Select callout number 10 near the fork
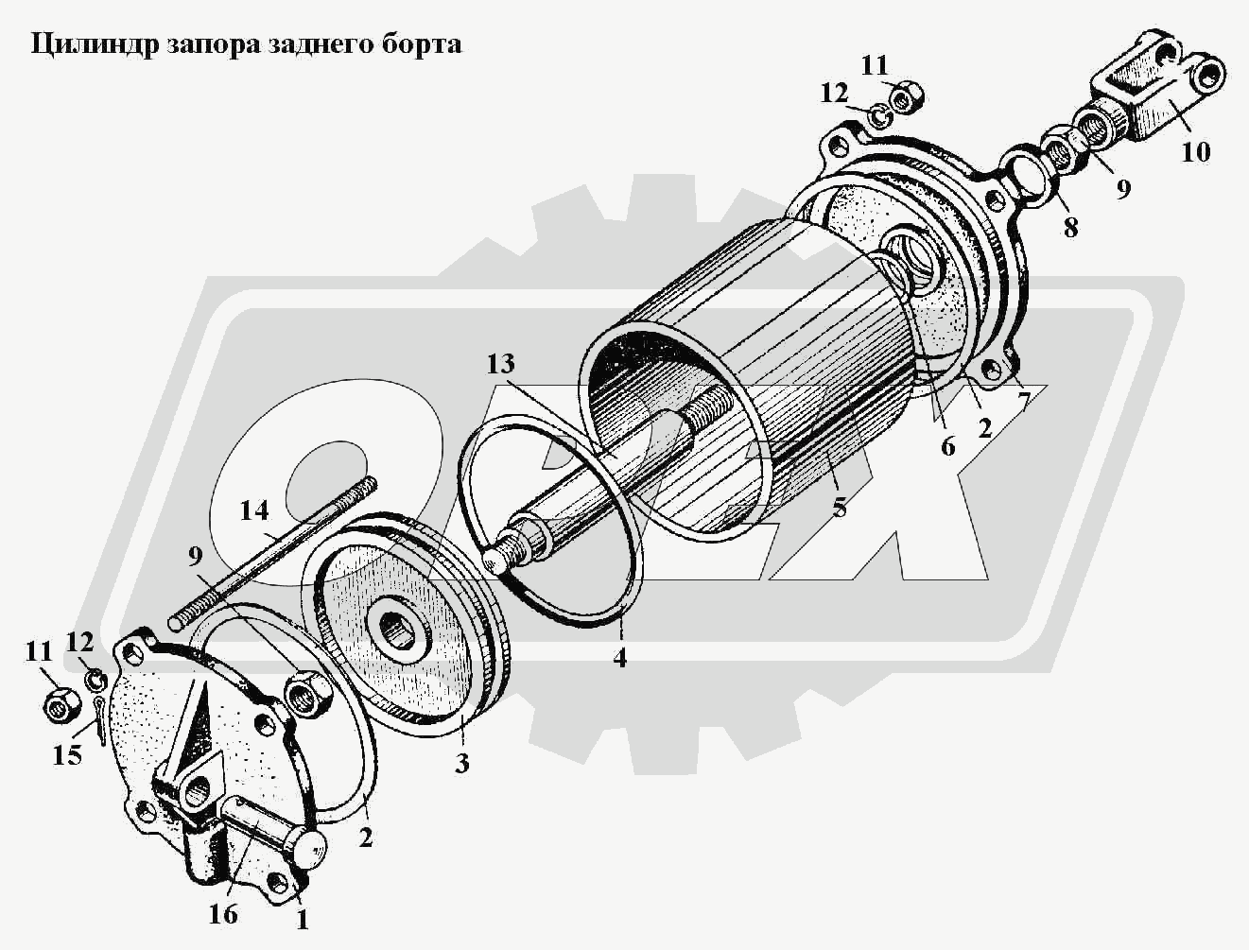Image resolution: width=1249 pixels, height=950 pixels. click(x=1195, y=152)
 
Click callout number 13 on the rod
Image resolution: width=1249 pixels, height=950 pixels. click(x=501, y=364)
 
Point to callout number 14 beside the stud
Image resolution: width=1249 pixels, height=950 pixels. click(x=254, y=511)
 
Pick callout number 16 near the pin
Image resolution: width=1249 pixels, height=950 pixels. click(x=223, y=914)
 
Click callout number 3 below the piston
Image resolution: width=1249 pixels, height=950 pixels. click(x=461, y=763)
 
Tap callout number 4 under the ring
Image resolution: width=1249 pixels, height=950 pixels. click(x=619, y=658)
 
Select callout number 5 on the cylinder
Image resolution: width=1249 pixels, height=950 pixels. click(x=839, y=507)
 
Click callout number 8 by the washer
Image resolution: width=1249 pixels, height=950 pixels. click(x=1069, y=227)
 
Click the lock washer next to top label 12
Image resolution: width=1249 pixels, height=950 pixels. click(x=878, y=117)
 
